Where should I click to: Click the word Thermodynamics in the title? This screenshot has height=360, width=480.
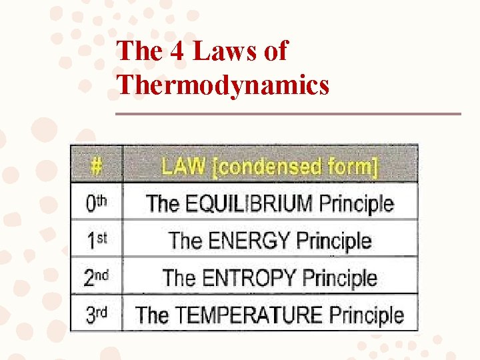[223, 85]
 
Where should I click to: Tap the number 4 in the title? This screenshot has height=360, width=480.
[177, 51]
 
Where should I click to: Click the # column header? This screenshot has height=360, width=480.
[97, 165]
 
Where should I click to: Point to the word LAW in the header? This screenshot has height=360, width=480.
[183, 165]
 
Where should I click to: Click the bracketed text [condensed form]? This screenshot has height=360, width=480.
[295, 166]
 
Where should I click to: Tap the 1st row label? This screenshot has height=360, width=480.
[97, 241]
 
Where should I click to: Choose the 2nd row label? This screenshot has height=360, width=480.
[97, 277]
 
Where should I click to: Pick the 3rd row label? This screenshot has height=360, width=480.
[97, 314]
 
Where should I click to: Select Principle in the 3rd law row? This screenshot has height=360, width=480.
[367, 314]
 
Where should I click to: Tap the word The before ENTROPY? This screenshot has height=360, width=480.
[178, 277]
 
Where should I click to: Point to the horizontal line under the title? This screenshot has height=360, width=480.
[288, 114]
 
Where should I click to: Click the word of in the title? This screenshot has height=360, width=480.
[275, 51]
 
